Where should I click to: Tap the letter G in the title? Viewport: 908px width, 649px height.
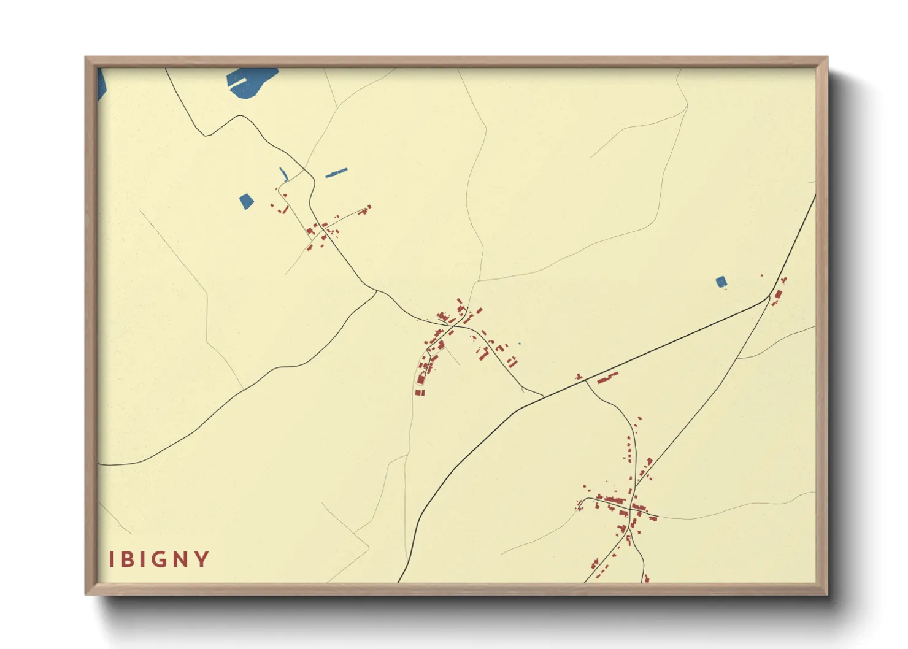[160, 559]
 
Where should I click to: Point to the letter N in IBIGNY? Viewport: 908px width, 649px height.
[181, 559]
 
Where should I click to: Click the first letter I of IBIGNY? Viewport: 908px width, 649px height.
[112, 559]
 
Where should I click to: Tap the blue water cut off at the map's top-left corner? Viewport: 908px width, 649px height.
[101, 84]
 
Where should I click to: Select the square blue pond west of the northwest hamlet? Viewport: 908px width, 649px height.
[246, 201]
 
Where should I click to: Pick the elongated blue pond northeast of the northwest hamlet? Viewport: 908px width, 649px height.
[336, 173]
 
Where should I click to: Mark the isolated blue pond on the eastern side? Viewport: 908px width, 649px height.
[721, 282]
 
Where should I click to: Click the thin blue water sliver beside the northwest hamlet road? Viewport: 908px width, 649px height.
[283, 174]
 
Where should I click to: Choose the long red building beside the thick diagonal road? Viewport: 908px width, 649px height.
[607, 377]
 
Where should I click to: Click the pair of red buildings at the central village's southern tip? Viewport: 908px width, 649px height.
[420, 392]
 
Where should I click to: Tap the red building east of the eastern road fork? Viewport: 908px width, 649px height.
[778, 295]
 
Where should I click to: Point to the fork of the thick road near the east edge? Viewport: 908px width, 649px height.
[769, 296]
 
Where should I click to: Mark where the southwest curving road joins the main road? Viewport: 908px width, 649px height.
[377, 291]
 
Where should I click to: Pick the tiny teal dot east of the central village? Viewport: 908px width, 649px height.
[519, 344]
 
